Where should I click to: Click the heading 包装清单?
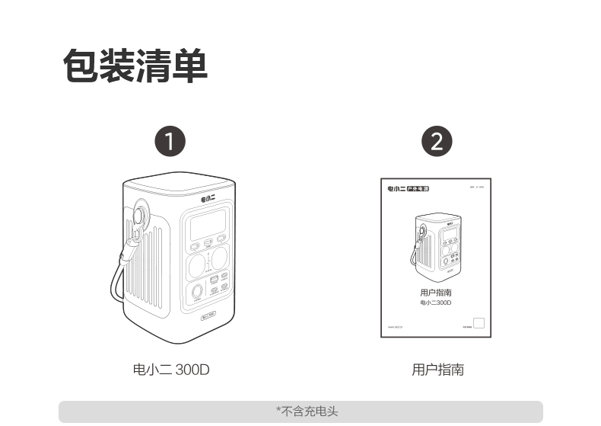coord(135,66)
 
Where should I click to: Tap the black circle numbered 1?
coord(170,142)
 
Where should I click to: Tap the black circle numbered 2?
coord(436,142)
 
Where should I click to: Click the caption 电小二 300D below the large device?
coord(171,370)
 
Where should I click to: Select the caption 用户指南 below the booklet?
coord(437,370)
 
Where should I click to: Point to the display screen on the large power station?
coord(206,226)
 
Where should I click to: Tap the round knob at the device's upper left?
coord(142,210)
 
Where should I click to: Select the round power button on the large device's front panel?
coord(197,291)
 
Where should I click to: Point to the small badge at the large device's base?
coord(208,314)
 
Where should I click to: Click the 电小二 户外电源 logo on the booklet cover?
coord(408,188)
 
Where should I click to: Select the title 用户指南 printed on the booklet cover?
coord(436,293)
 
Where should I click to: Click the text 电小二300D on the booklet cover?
coord(436,303)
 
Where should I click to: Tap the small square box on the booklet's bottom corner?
coord(479,323)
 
